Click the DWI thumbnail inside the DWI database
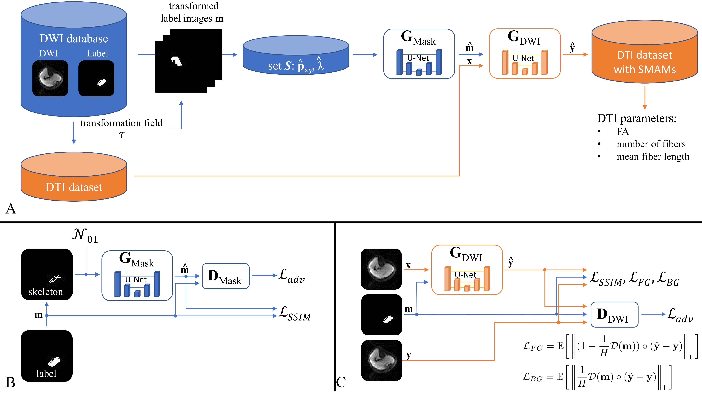pyautogui.click(x=50, y=78)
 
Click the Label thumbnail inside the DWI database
pyautogui.click(x=96, y=78)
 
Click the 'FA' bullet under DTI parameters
pyautogui.click(x=623, y=132)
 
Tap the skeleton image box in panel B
pyautogui.click(x=47, y=274)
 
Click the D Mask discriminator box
pyautogui.click(x=225, y=276)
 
